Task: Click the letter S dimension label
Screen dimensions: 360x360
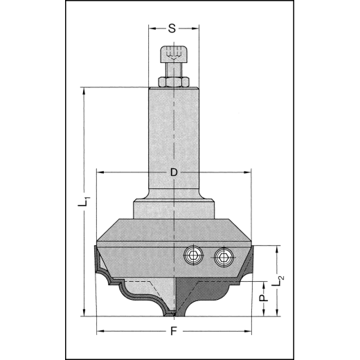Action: tap(172, 28)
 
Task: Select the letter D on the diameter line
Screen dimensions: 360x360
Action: tap(174, 171)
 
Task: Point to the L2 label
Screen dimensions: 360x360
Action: tap(279, 280)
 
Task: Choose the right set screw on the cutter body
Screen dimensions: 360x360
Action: tap(222, 257)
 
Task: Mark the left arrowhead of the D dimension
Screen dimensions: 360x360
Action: tap(100, 171)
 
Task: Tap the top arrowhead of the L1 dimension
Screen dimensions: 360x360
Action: tap(83, 91)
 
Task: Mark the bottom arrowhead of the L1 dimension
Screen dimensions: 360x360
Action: tap(83, 313)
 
